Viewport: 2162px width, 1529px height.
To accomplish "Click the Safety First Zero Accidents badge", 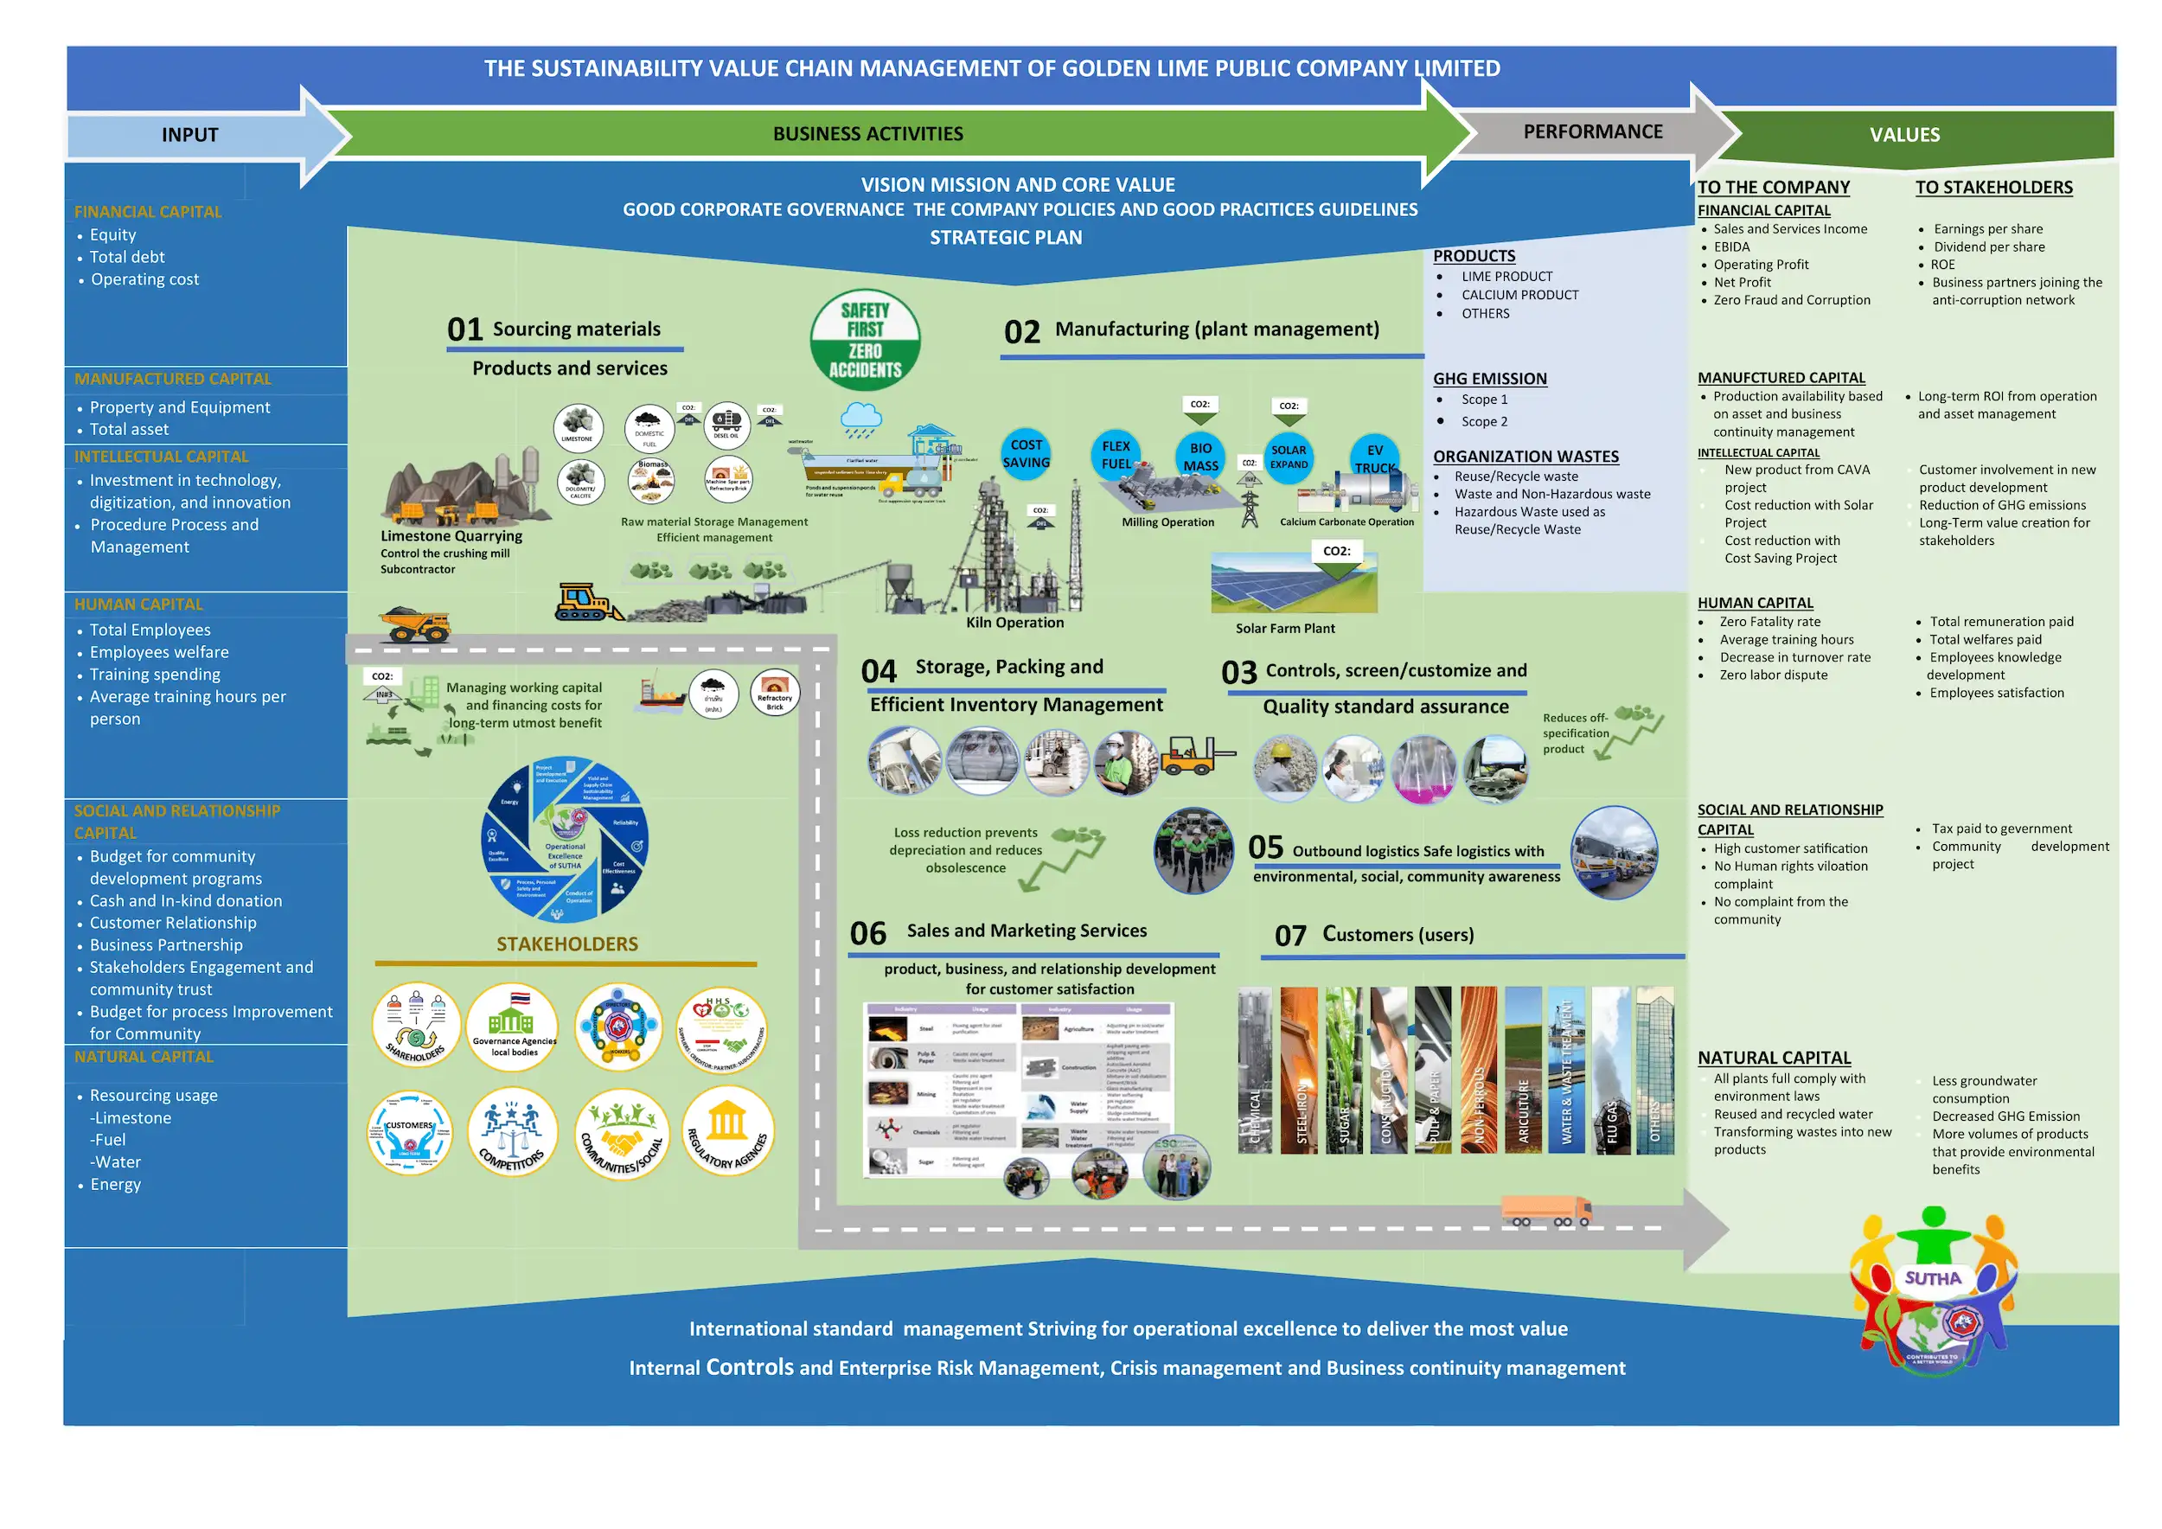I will (x=865, y=340).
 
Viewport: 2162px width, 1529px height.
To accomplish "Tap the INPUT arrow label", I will (x=189, y=135).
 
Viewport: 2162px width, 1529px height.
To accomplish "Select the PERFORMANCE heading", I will (x=1592, y=131).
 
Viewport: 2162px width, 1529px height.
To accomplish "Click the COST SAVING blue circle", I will (x=1026, y=454).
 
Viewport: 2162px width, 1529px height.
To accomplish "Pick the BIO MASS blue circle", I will (x=1200, y=457).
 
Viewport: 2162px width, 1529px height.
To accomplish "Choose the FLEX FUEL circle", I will (x=1116, y=455).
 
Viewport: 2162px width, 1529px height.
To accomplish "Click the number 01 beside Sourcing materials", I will (x=464, y=329).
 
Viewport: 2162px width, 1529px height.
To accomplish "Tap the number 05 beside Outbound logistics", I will (x=1265, y=848).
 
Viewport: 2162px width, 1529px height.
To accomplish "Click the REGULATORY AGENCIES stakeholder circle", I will (x=728, y=1132).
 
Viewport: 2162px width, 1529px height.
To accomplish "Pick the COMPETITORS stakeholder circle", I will (x=512, y=1132).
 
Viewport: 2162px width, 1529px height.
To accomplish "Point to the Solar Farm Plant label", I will (x=1284, y=628).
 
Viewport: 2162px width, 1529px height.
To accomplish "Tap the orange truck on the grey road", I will (x=1545, y=1211).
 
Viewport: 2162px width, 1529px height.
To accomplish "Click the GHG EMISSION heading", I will (x=1490, y=379).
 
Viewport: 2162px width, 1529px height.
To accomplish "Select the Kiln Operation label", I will (x=1014, y=623).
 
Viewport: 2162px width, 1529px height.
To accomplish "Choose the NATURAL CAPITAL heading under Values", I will (x=1774, y=1058).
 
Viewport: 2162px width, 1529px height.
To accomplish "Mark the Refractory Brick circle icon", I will (x=774, y=693).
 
